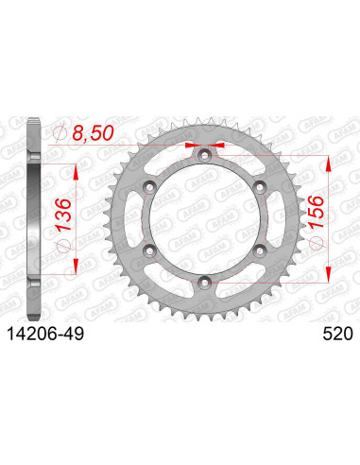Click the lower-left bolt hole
[x=149, y=248]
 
